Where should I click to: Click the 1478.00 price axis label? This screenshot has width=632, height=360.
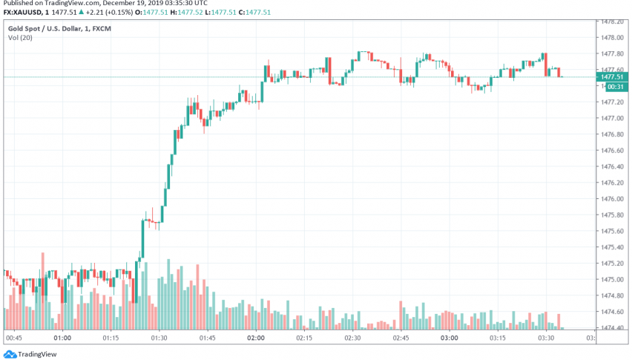[x=612, y=37]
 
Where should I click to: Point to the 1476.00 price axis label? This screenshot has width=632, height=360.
[x=612, y=199]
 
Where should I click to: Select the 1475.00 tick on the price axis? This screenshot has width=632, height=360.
[x=612, y=279]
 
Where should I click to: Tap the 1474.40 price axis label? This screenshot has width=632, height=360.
[x=612, y=328]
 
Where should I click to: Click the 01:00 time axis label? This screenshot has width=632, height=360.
[x=62, y=338]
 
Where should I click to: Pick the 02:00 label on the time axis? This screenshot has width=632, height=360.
[x=256, y=338]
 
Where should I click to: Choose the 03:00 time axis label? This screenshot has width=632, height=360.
[x=450, y=338]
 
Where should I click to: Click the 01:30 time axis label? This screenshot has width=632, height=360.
[x=159, y=338]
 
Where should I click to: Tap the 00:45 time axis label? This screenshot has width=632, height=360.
[x=14, y=338]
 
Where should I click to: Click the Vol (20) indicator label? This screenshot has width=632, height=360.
[x=20, y=36]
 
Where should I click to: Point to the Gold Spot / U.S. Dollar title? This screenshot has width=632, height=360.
[x=44, y=26]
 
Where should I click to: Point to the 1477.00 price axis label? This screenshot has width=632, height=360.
[x=612, y=118]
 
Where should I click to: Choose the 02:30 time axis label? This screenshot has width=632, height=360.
[x=352, y=338]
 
